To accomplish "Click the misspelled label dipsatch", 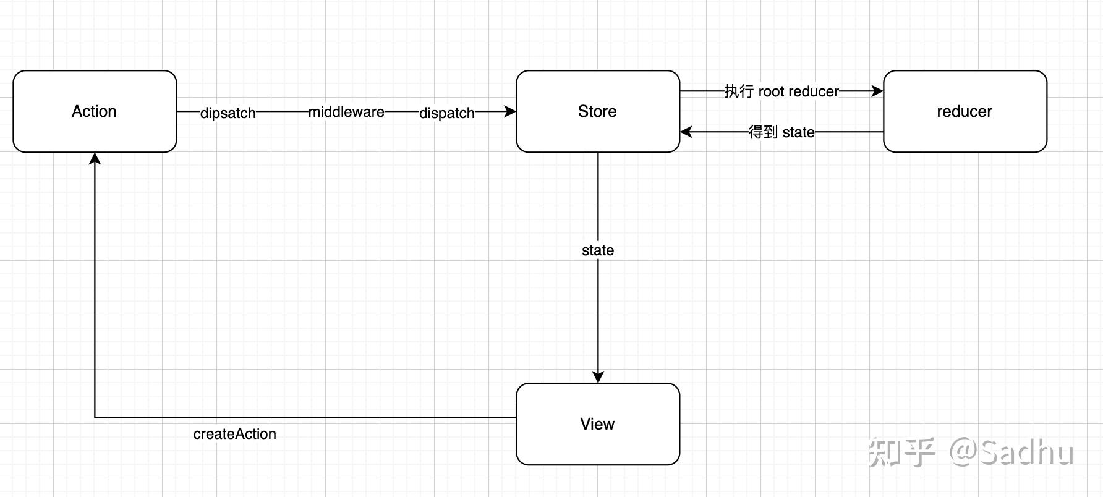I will point(228,113).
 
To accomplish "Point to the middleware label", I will point(346,112).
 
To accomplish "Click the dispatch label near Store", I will point(446,113).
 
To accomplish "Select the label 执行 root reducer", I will point(781,91).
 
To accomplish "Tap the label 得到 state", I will point(781,132).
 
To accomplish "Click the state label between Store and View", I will point(598,250).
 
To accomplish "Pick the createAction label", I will point(234,434).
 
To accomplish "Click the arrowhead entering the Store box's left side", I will point(511,111).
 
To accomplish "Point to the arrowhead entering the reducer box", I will point(877,91).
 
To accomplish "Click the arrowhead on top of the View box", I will point(598,377).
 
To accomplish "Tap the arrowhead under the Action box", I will point(95,159).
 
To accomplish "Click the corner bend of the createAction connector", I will point(95,417).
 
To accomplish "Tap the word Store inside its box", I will point(597,111).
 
